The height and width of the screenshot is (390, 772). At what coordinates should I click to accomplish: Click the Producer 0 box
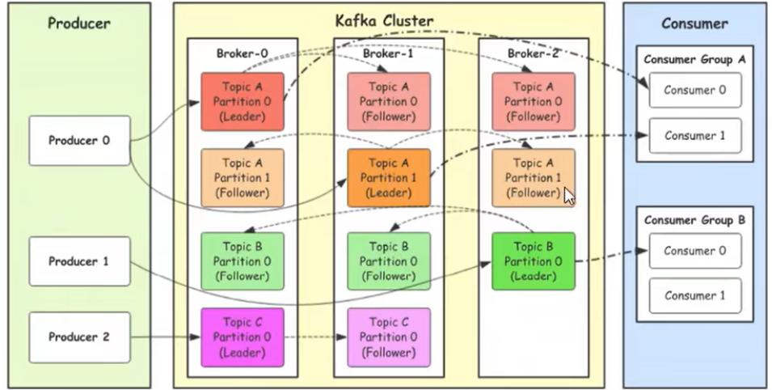pos(79,141)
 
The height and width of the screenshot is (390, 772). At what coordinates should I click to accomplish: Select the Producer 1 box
pos(79,261)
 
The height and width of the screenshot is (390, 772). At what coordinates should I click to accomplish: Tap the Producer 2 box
pos(79,337)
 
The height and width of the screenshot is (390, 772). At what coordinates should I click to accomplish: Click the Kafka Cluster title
pos(384,20)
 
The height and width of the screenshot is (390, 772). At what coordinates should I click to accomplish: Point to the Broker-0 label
pos(242,53)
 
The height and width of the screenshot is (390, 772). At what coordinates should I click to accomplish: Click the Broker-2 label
pos(533,53)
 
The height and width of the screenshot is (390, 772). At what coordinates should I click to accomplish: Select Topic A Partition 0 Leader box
pos(243,101)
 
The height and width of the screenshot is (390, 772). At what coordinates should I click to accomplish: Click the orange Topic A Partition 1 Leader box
pos(389,177)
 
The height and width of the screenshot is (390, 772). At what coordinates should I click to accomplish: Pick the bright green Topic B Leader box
pos(533,261)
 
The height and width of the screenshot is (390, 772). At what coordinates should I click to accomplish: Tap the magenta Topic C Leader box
pos(243,337)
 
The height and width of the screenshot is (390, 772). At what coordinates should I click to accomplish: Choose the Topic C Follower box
pos(389,337)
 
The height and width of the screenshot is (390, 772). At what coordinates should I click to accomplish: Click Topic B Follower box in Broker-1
pos(389,261)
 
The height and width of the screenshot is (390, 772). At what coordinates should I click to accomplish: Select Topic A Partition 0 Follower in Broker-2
pos(533,101)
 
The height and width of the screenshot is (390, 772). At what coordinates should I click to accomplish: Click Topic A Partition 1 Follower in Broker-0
pos(243,177)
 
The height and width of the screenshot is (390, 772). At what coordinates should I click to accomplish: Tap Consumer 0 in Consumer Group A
pos(694,90)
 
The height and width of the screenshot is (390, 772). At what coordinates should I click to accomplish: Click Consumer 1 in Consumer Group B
pos(694,295)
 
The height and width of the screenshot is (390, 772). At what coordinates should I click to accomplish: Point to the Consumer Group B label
pos(694,220)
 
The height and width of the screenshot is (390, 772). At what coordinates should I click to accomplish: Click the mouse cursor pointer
pos(569,197)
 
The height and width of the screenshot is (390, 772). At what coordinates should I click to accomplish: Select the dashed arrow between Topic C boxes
pos(316,337)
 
